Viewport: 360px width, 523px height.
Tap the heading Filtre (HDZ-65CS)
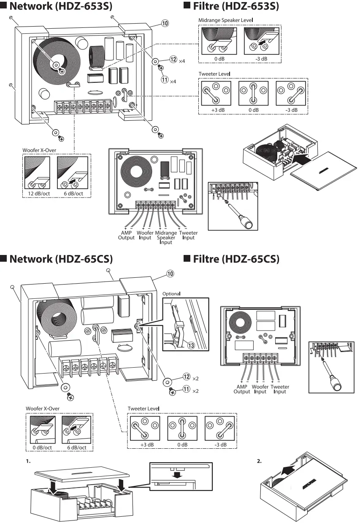click(x=235, y=259)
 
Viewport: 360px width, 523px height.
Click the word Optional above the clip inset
click(x=171, y=293)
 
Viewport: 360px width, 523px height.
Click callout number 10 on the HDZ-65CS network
click(x=170, y=274)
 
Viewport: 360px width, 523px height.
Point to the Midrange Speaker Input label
click(x=166, y=237)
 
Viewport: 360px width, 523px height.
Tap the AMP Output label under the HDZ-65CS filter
click(x=242, y=389)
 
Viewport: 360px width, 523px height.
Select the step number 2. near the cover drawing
click(x=259, y=461)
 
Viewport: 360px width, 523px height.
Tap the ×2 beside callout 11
click(x=195, y=391)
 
